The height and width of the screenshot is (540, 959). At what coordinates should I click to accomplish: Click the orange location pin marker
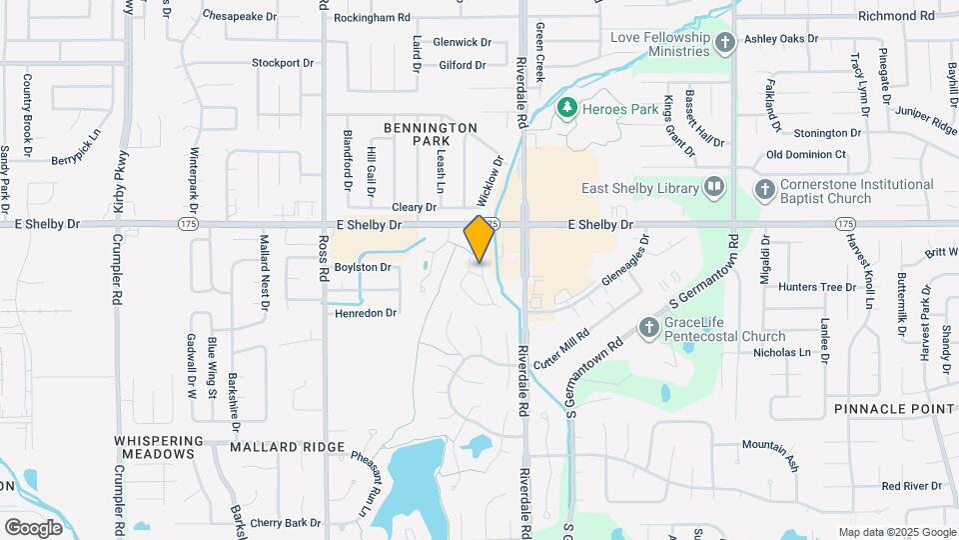[479, 239]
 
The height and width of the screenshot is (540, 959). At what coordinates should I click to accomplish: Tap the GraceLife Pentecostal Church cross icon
[649, 327]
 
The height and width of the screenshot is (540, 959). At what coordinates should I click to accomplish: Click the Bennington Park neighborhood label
[432, 135]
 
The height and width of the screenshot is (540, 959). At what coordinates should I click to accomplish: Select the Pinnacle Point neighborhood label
[894, 409]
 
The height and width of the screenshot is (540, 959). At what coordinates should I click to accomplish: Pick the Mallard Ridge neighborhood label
[287, 447]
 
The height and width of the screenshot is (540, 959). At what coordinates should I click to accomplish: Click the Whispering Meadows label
[153, 447]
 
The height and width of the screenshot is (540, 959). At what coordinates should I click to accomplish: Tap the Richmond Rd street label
[902, 16]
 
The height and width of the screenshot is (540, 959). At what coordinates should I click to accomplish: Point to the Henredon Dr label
[366, 313]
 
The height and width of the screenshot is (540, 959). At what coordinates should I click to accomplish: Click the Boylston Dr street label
[362, 268]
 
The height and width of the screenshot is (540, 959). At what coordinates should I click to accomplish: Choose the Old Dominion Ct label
[806, 155]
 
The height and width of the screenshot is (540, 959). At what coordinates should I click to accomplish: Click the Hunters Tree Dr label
[817, 287]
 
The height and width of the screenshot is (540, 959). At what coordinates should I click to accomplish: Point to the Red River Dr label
[911, 486]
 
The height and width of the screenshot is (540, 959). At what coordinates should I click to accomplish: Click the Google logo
[34, 528]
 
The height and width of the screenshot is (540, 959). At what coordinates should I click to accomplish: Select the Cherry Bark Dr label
[286, 522]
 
